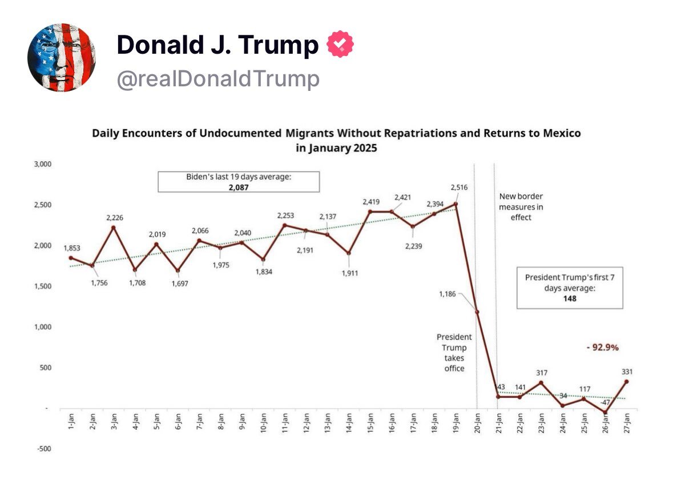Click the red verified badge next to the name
[x=340, y=45]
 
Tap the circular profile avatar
[x=61, y=57]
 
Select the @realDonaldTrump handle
[x=218, y=79]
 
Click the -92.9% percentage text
[x=602, y=347]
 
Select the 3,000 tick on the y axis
[x=43, y=164]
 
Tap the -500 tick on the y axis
[x=43, y=449]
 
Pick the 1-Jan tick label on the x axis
[x=71, y=424]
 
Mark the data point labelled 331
[x=626, y=381]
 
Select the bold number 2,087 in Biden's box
[x=239, y=186]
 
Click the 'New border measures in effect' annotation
[x=521, y=206]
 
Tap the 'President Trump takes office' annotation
[x=455, y=353]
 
